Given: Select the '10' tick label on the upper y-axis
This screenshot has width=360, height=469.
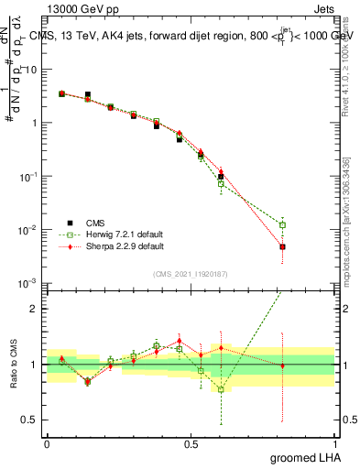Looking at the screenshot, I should pyautogui.click(x=32, y=70).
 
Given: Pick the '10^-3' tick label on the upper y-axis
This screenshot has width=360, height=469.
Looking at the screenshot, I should pyautogui.click(x=30, y=283).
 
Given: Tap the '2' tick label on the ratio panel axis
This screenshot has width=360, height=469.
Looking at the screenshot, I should pyautogui.click(x=37, y=309).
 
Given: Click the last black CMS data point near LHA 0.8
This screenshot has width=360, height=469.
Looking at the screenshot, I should pyautogui.click(x=283, y=247).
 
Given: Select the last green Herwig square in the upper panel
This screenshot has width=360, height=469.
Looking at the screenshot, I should pyautogui.click(x=283, y=225).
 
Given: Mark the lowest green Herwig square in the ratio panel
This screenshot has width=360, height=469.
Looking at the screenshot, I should pyautogui.click(x=221, y=389).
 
